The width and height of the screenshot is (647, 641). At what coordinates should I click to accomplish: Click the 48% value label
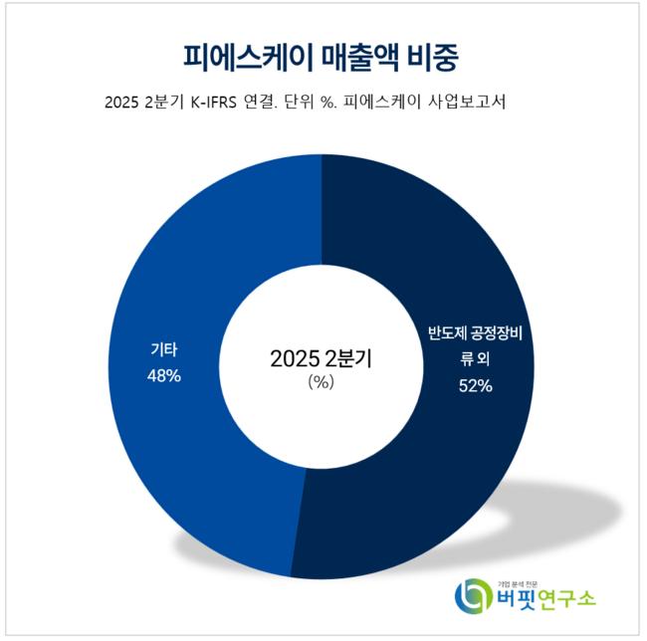163,377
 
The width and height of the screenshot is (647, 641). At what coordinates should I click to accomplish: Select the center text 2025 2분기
321,358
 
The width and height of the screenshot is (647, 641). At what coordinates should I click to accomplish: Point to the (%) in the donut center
321,382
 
